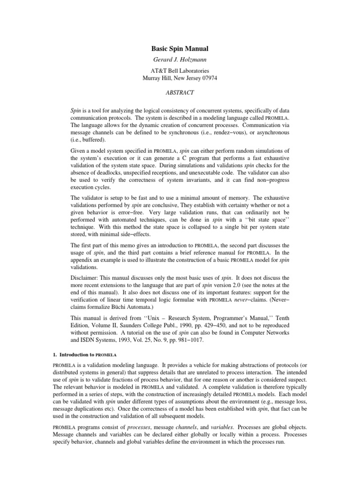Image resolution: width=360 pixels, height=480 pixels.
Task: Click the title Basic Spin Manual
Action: (180, 48)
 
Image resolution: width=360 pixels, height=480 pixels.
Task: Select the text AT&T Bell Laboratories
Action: (180, 71)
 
